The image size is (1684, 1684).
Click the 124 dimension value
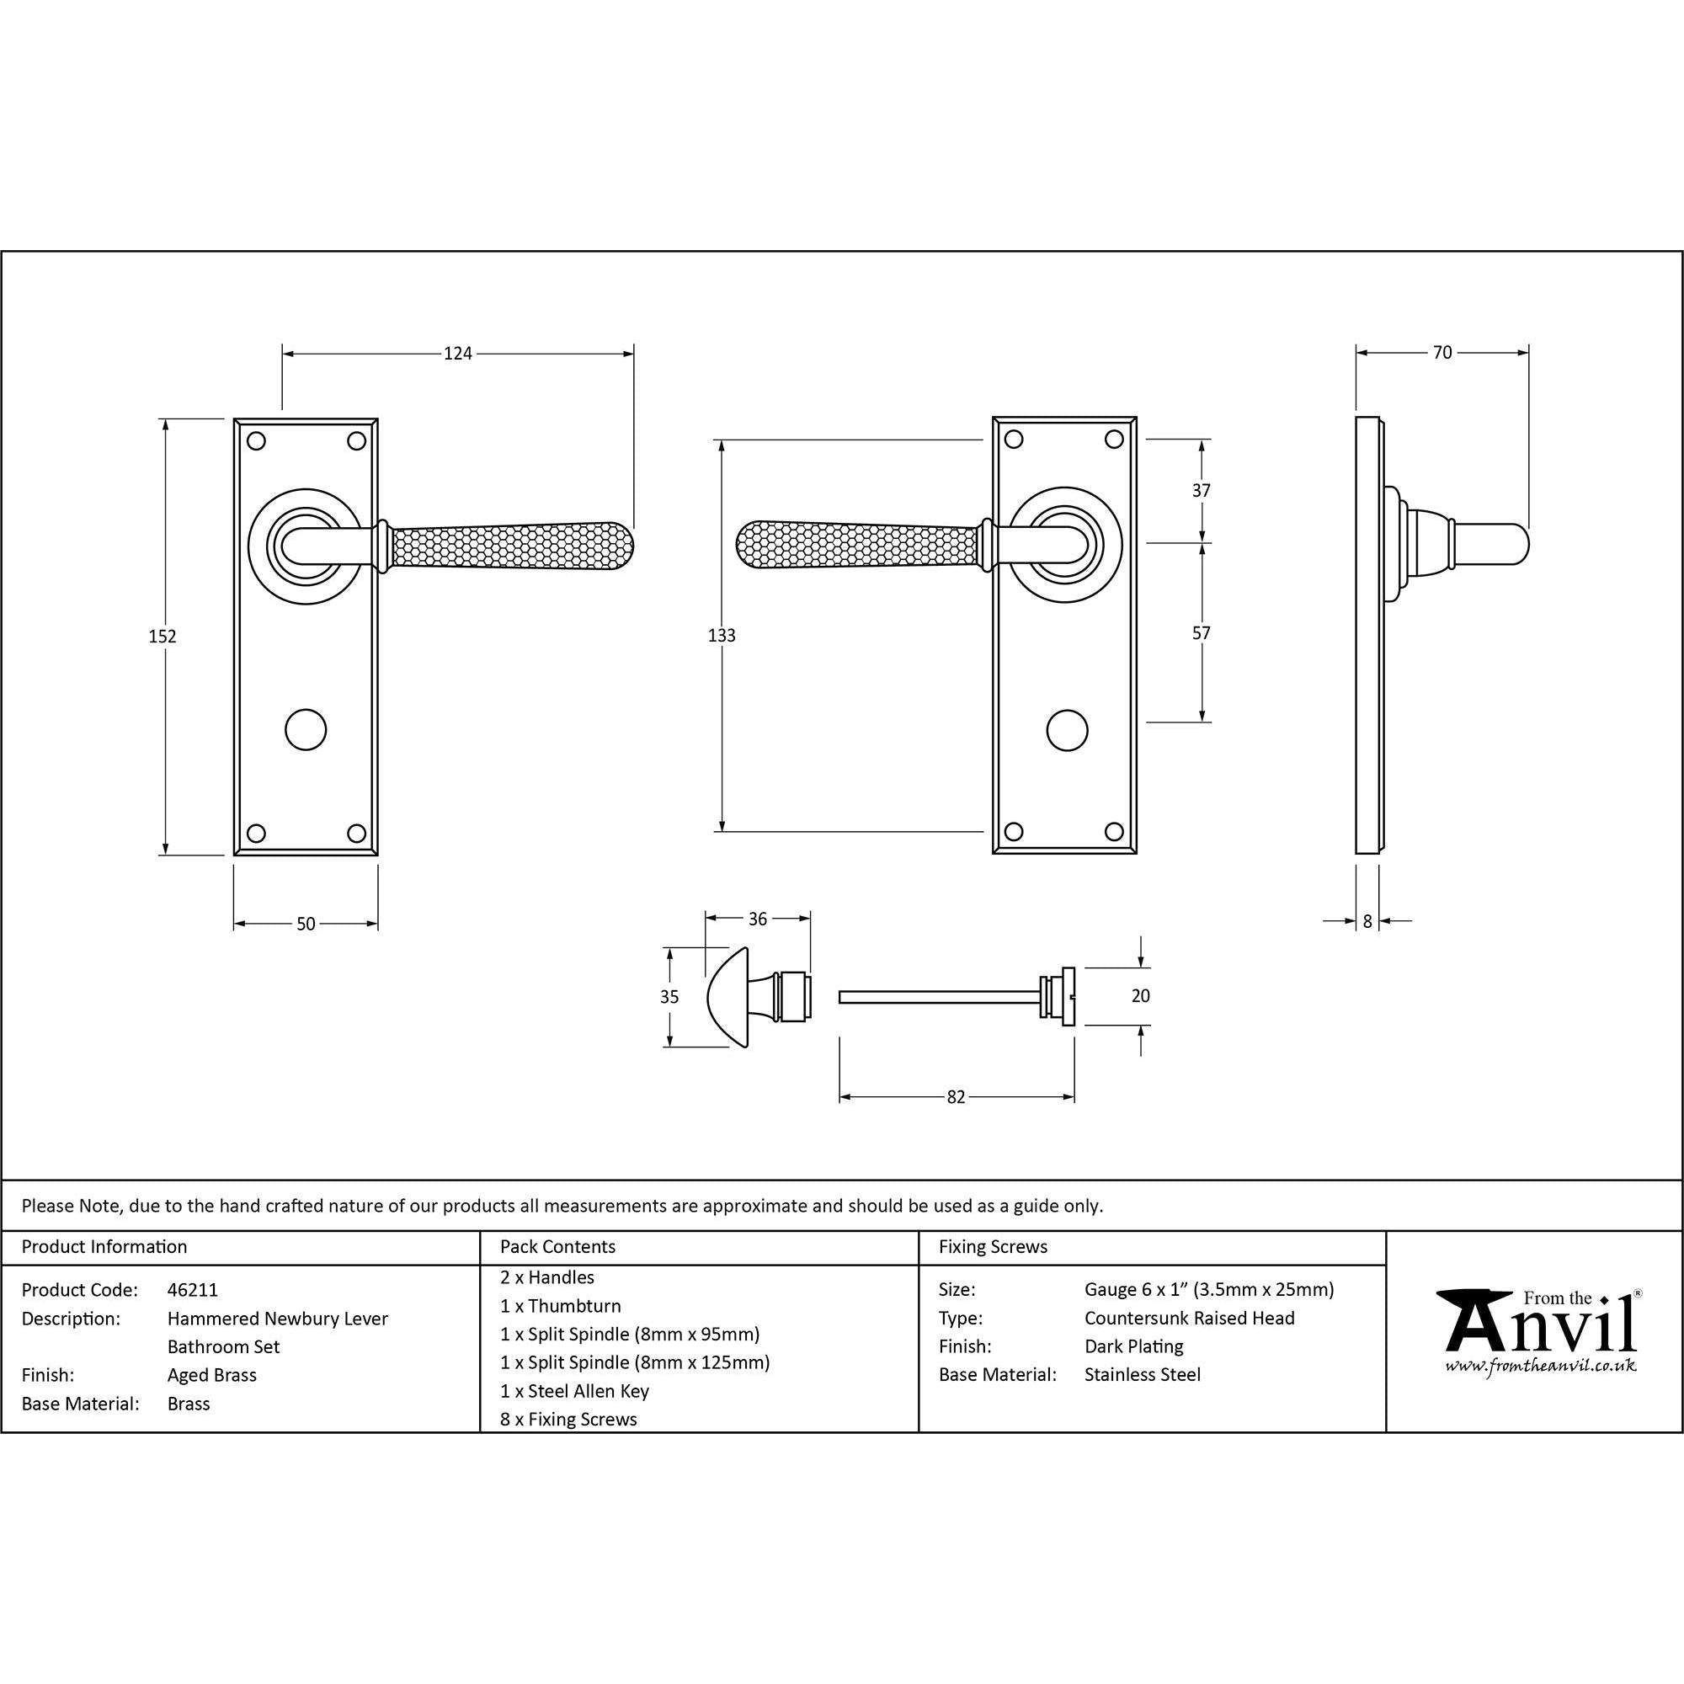click(457, 353)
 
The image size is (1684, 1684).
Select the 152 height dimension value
click(163, 637)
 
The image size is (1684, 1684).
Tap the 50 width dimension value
click(306, 924)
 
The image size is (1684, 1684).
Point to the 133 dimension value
click(722, 636)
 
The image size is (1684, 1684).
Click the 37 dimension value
click(1202, 491)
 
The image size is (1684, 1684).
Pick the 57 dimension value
click(1202, 634)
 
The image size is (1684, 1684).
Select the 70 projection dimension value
click(1442, 352)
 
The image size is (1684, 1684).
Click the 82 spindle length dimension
click(957, 1097)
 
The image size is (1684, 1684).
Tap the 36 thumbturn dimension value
click(758, 919)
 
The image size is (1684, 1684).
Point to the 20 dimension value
click(1140, 995)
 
